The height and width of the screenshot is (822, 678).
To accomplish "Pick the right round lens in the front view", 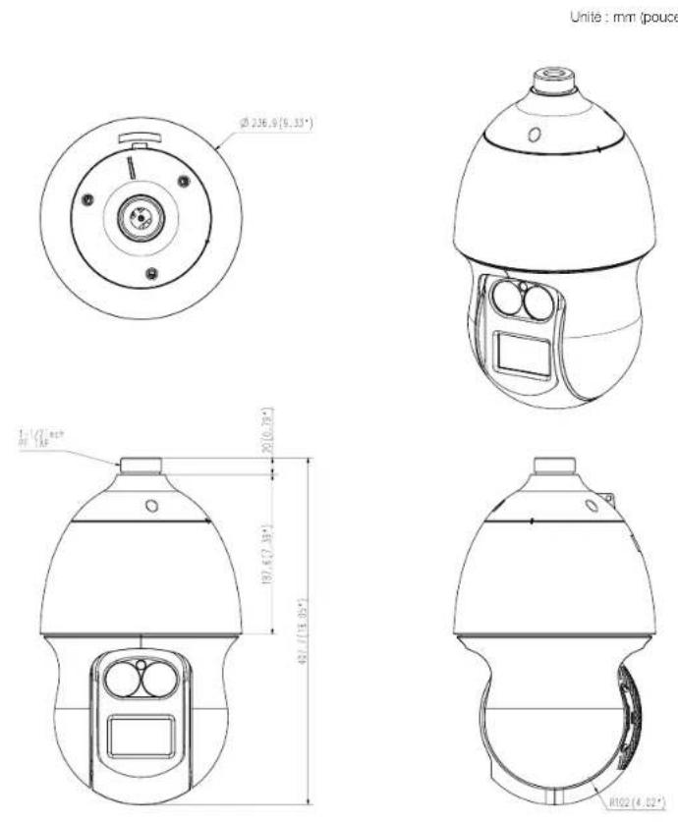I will click(x=159, y=678).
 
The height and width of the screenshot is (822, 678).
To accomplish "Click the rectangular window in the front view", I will click(x=141, y=735).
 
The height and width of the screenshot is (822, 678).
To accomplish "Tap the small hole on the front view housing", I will click(x=151, y=506).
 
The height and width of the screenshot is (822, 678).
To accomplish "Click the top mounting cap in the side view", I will click(x=553, y=467).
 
